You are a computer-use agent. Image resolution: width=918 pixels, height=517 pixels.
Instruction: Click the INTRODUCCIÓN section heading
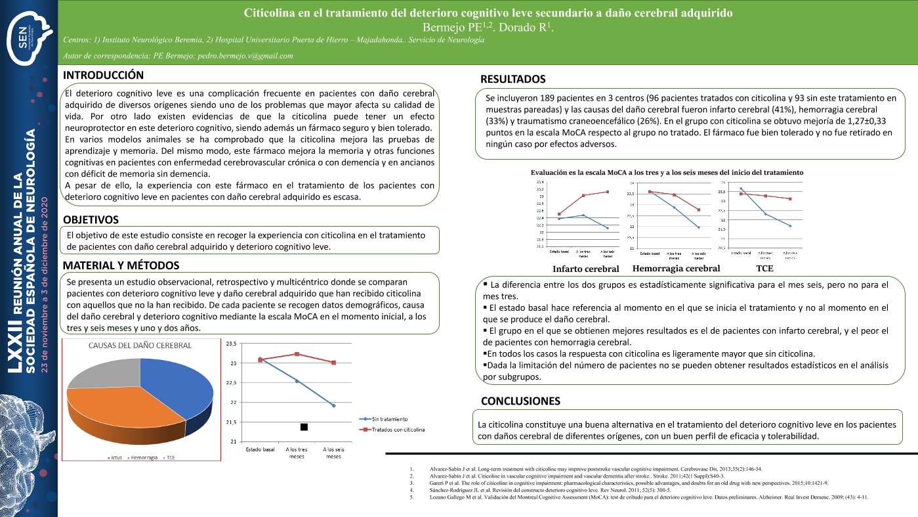click(x=103, y=75)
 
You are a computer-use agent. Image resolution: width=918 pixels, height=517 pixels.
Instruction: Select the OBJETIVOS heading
click(x=91, y=219)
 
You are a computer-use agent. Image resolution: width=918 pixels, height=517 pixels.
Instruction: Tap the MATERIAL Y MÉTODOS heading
click(x=121, y=265)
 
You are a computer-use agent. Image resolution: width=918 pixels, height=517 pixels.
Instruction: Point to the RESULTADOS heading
click(x=513, y=79)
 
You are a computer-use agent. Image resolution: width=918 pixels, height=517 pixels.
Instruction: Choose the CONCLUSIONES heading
click(x=520, y=401)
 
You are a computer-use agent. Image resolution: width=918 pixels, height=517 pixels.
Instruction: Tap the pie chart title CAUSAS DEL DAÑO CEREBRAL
click(x=140, y=346)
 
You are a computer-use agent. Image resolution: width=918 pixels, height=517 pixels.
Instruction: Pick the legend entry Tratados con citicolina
click(x=397, y=430)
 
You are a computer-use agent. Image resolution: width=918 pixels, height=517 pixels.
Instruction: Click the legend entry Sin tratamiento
click(x=390, y=418)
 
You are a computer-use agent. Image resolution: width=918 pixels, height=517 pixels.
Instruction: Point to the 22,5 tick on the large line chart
click(x=233, y=382)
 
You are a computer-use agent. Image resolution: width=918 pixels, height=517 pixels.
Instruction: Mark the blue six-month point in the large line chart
click(x=334, y=405)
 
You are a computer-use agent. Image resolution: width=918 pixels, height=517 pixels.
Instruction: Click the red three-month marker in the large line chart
click(x=297, y=354)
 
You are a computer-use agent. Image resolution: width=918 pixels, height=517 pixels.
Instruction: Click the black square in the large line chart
click(x=304, y=428)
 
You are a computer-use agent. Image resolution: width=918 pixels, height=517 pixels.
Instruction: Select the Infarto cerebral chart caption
click(x=585, y=269)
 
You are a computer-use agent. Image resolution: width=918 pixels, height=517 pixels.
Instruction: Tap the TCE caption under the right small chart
click(x=764, y=268)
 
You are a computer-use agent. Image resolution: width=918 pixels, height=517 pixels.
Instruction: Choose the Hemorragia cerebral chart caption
click(x=676, y=268)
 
